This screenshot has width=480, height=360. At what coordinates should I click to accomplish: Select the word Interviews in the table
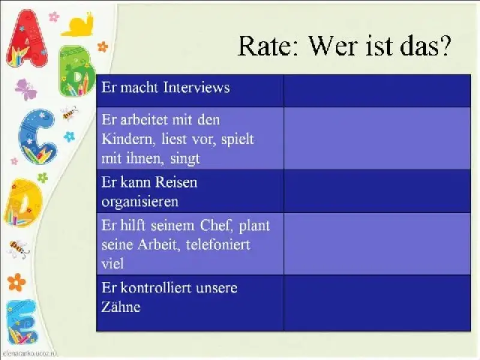click(196, 87)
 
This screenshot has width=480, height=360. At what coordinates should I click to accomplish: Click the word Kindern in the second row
click(127, 139)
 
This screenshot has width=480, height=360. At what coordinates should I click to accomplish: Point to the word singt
click(185, 159)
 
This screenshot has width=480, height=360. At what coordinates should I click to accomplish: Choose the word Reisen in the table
click(176, 182)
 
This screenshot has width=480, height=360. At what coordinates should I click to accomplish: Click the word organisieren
click(140, 202)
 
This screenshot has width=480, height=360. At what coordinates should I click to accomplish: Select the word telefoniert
click(218, 245)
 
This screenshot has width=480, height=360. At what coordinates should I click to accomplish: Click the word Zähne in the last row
click(121, 307)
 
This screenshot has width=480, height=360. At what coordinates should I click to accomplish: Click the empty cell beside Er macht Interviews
click(377, 91)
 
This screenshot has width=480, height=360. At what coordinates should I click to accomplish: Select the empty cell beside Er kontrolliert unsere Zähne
click(377, 303)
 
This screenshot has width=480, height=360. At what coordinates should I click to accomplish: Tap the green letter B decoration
click(77, 71)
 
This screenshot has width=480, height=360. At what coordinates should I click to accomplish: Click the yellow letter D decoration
click(23, 203)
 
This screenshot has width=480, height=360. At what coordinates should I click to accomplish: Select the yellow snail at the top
click(78, 25)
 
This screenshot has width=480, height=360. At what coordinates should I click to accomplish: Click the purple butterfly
click(26, 89)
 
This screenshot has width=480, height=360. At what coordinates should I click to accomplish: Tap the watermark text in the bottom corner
click(29, 354)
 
